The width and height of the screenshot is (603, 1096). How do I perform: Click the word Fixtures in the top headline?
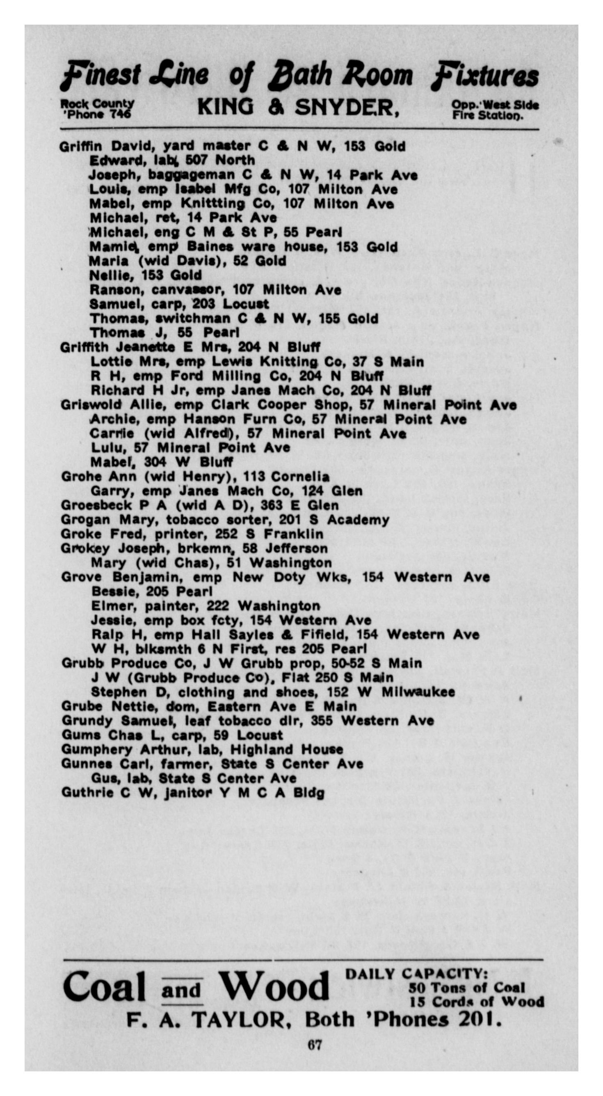pyautogui.click(x=485, y=76)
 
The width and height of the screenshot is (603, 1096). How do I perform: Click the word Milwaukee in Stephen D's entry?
pyautogui.click(x=418, y=692)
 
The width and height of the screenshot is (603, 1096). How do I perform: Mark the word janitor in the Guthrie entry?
pyautogui.click(x=187, y=793)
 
